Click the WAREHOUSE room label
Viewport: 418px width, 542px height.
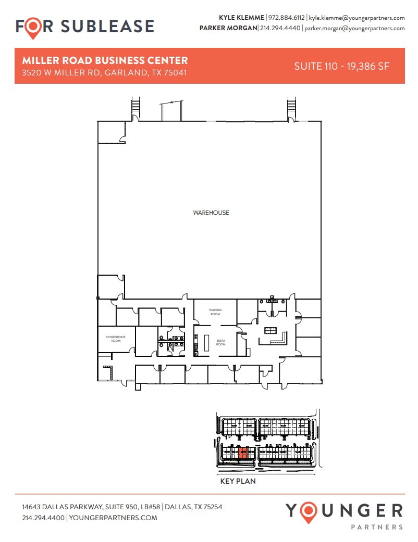pyautogui.click(x=211, y=213)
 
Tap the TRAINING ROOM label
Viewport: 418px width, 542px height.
pyautogui.click(x=215, y=312)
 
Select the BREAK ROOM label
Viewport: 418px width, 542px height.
pyautogui.click(x=221, y=343)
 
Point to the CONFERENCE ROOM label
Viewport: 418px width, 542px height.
pyautogui.click(x=116, y=339)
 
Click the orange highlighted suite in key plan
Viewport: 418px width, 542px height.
pyautogui.click(x=242, y=453)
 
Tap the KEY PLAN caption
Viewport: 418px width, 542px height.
pyautogui.click(x=238, y=481)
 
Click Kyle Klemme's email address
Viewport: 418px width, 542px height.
pyautogui.click(x=356, y=18)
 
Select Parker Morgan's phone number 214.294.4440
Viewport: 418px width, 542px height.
pyautogui.click(x=280, y=28)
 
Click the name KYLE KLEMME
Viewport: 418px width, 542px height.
pyautogui.click(x=241, y=18)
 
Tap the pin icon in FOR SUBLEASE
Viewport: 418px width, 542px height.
pyautogui.click(x=33, y=27)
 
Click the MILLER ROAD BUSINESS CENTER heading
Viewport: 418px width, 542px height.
pyautogui.click(x=105, y=61)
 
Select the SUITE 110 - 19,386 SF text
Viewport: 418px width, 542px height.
pyautogui.click(x=342, y=66)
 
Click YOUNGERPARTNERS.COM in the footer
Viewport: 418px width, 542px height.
pyautogui.click(x=113, y=518)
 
